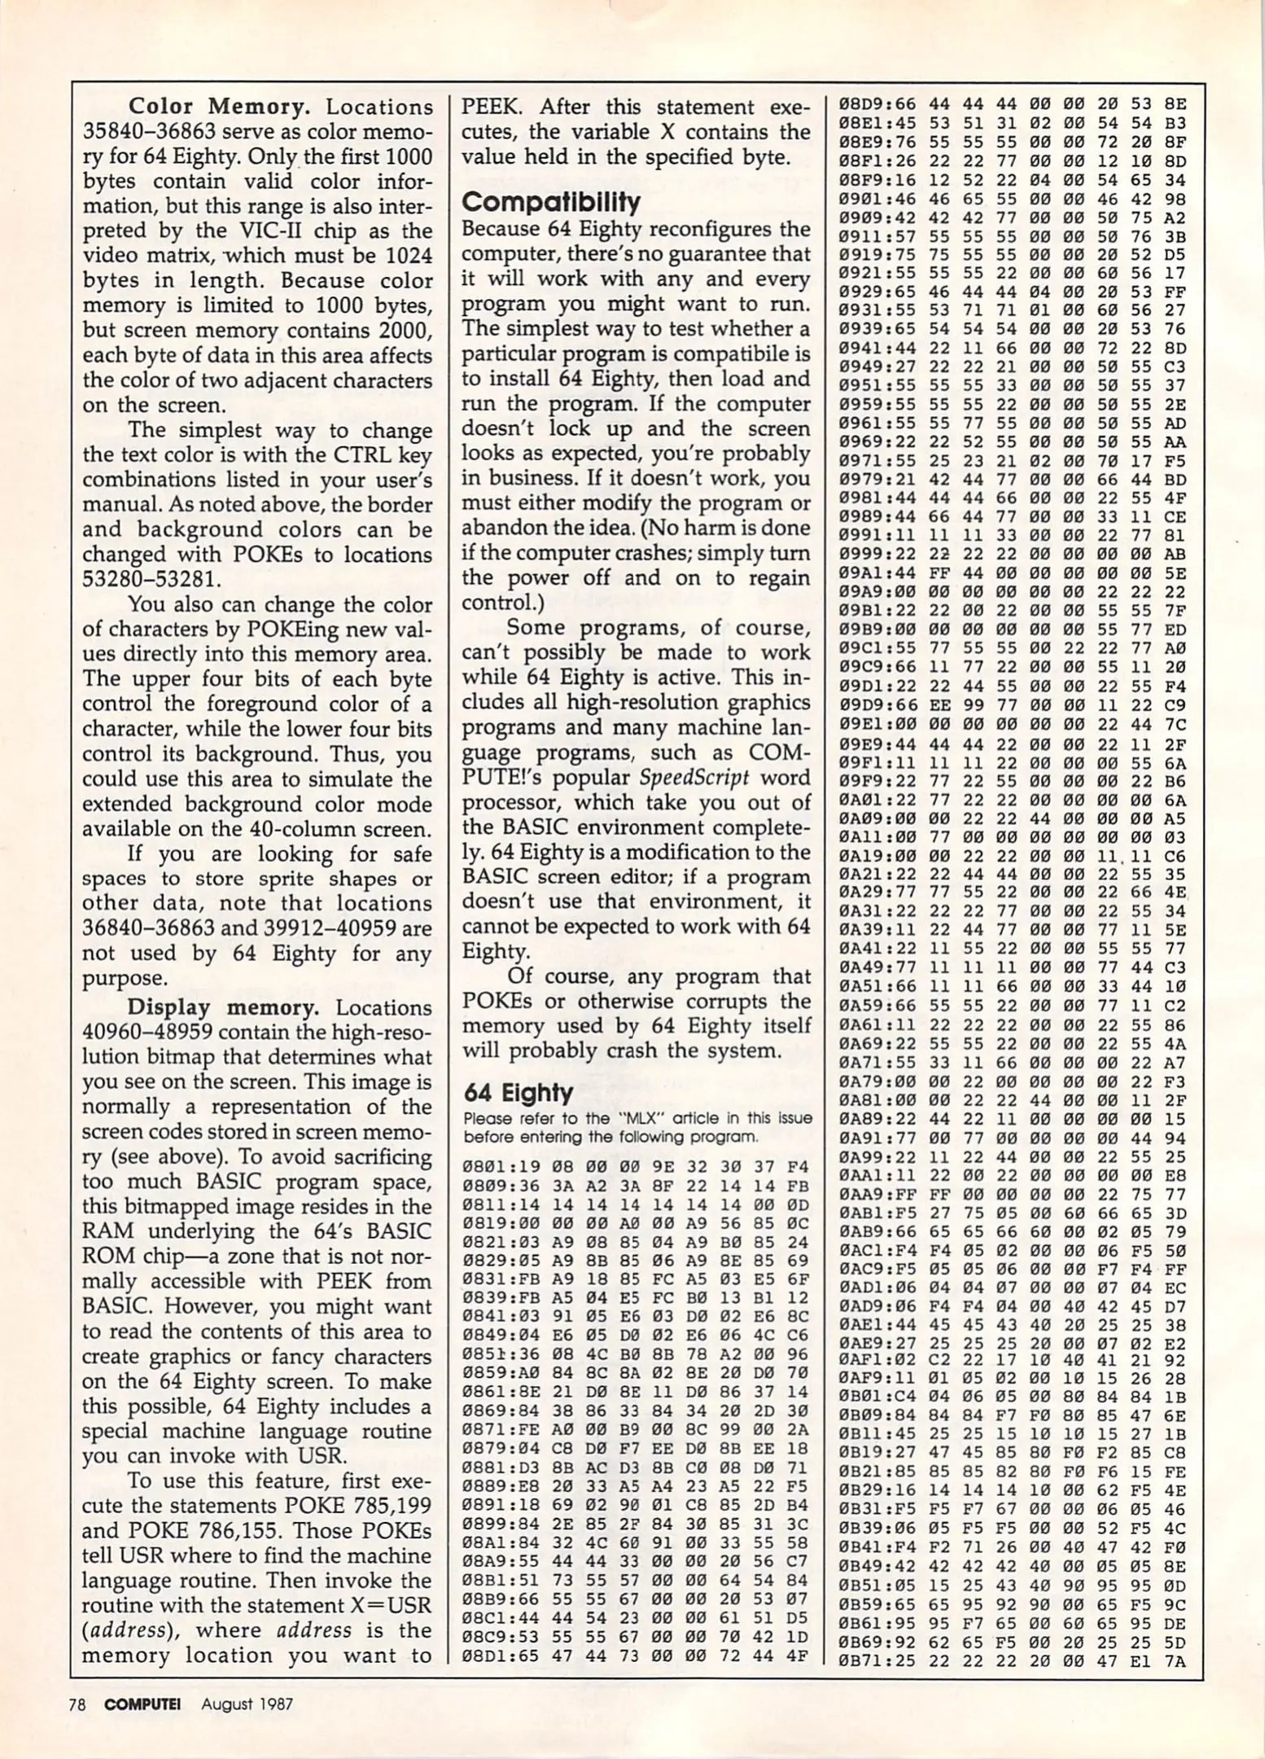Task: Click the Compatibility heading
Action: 551,202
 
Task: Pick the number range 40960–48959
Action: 147,1033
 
